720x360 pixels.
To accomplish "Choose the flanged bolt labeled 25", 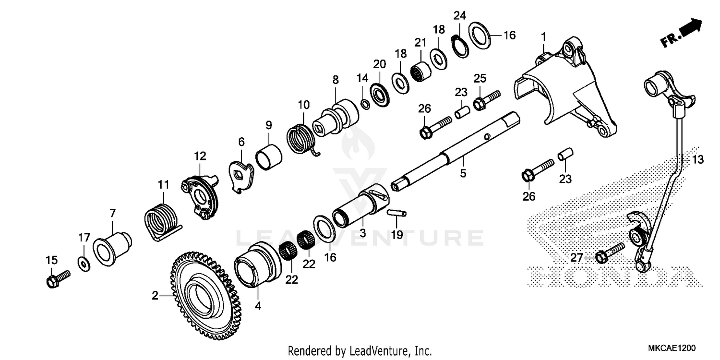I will (x=486, y=99).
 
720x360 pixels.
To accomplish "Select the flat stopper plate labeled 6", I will (x=240, y=176).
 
